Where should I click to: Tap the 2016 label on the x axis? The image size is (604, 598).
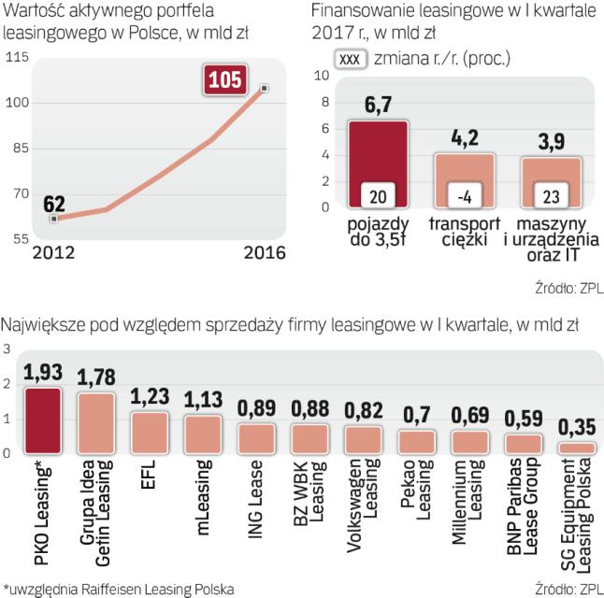(x=253, y=254)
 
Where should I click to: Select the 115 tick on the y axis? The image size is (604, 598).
(x=19, y=58)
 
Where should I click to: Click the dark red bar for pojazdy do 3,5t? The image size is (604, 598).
(x=379, y=166)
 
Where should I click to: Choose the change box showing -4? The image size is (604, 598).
(x=465, y=197)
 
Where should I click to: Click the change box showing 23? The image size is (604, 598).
(x=550, y=197)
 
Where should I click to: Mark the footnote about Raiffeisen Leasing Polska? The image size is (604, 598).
(x=118, y=587)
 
